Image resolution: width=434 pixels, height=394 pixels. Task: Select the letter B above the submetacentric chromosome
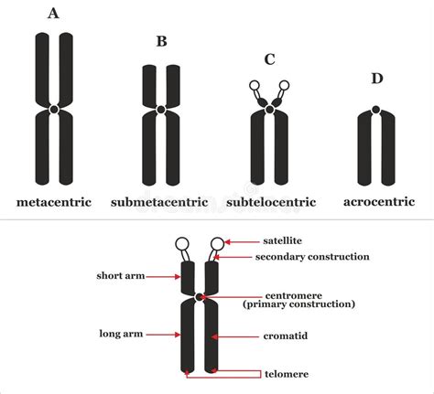(x=161, y=41)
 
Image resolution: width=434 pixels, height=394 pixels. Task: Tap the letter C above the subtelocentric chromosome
(x=269, y=60)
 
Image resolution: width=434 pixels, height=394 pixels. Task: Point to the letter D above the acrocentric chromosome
(x=376, y=79)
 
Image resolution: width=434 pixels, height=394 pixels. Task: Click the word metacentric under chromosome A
(x=54, y=201)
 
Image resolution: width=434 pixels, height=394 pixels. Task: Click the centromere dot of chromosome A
(x=54, y=109)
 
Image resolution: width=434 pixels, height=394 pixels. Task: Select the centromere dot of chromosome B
(x=161, y=110)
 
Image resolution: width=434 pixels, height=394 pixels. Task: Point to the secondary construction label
(x=313, y=257)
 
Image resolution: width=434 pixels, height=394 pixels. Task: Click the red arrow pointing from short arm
(x=163, y=275)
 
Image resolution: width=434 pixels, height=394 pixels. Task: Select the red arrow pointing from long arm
(x=163, y=335)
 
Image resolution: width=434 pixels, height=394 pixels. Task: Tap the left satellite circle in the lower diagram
(x=182, y=244)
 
